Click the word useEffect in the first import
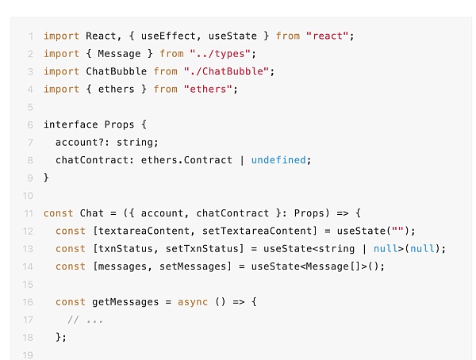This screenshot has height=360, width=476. (131, 36)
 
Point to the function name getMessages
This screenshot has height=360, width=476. (123, 302)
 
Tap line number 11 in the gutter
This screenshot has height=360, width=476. (29, 213)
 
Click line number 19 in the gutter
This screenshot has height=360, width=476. (29, 355)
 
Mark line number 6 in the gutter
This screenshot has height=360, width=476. (30, 124)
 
